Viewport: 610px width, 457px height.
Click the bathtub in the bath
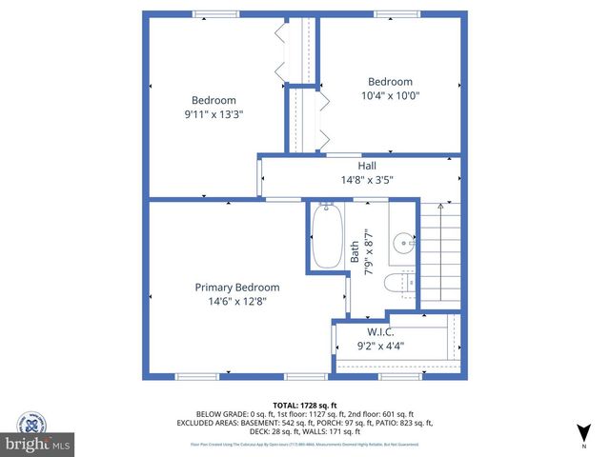pyautogui.click(x=327, y=237)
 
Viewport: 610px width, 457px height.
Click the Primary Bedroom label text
pyautogui.click(x=237, y=288)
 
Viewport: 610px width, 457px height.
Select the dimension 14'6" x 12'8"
pyautogui.click(x=237, y=302)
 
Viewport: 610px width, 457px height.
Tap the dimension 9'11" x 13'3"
pyautogui.click(x=213, y=114)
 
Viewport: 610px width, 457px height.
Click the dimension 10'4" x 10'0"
pyautogui.click(x=390, y=95)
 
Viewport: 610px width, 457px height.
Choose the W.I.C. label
pyautogui.click(x=381, y=332)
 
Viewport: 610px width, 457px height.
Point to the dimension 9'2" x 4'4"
pyautogui.click(x=381, y=347)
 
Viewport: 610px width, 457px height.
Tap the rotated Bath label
pyautogui.click(x=356, y=250)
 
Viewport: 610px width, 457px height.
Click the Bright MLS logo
pyautogui.click(x=38, y=444)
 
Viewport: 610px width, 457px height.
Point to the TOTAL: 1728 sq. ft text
pyautogui.click(x=304, y=405)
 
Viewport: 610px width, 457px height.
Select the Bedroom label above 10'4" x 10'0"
pyautogui.click(x=390, y=82)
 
